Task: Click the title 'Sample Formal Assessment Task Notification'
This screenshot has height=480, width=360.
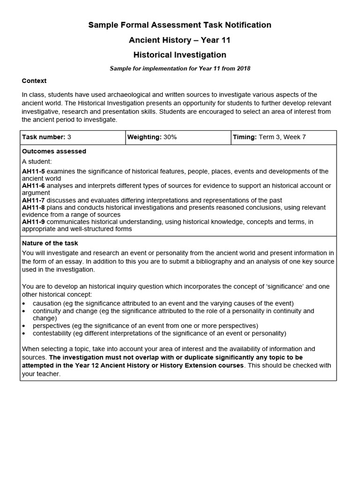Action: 180,25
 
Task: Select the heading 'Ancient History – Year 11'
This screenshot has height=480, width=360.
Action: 180,40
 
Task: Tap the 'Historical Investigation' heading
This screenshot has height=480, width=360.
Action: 180,55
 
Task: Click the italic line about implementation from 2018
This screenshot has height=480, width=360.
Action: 180,68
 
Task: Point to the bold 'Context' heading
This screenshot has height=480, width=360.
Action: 34,81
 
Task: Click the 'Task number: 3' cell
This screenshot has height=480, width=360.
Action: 47,137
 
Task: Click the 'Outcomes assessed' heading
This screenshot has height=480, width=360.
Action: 54,151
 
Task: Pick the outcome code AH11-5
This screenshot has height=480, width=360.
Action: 33,172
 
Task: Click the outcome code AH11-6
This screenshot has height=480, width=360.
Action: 33,186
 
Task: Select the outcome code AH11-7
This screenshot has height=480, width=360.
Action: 33,200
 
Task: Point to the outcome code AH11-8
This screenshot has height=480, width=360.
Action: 33,207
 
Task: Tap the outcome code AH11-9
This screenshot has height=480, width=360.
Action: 33,222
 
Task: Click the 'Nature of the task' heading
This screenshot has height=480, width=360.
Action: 50,243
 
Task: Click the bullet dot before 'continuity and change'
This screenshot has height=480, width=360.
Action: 24,311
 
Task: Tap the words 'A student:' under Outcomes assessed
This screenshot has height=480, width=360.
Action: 37,161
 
